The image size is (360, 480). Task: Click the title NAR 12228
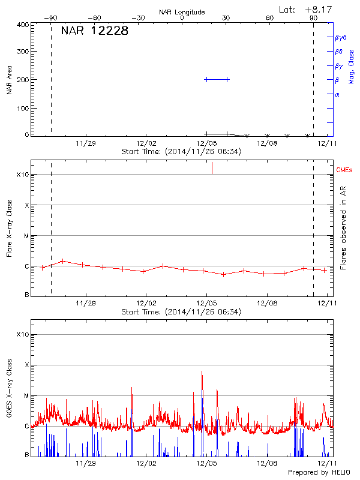point(94,31)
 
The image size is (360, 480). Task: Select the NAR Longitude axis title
point(182,12)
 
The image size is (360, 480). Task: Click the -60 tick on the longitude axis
point(94,18)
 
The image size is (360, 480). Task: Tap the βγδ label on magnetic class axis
point(341,37)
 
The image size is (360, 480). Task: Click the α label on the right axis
point(337,94)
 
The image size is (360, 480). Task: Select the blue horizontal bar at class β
point(217,79)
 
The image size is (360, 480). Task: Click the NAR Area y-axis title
point(9,80)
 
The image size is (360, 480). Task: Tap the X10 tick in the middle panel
point(23,175)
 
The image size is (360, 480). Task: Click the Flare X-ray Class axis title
point(9,228)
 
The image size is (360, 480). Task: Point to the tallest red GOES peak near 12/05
point(202,371)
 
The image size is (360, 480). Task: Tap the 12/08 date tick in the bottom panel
point(267,463)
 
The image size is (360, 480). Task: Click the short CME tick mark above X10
point(212,168)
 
